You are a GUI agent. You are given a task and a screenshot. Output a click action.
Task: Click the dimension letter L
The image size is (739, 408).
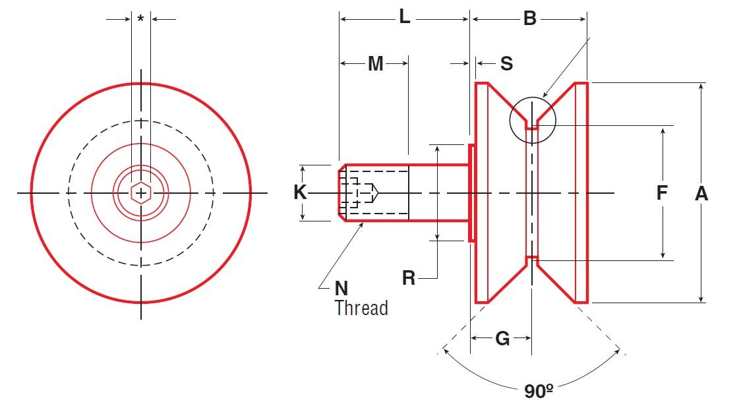pos(405,18)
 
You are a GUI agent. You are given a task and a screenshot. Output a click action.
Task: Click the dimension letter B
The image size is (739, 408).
pos(529,18)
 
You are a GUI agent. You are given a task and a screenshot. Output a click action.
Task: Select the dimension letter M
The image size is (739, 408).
pos(375,64)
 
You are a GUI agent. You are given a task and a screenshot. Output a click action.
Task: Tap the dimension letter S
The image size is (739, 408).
pos(506,64)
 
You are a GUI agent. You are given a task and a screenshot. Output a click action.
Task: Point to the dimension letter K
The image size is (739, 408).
pos(300,192)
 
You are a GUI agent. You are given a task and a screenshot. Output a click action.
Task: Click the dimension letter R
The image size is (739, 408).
pos(409,278)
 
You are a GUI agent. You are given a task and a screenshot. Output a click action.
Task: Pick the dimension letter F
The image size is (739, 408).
pos(662,192)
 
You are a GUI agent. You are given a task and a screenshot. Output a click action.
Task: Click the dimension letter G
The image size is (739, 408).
pos(502,339)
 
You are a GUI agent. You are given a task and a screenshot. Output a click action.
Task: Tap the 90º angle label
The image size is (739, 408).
pos(539,390)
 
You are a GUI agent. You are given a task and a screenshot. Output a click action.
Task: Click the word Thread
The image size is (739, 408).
pos(361,308)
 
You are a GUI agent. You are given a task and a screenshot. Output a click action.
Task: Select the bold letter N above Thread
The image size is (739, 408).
pos(341,289)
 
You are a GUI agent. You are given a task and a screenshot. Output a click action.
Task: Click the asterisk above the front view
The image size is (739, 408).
pos(140,19)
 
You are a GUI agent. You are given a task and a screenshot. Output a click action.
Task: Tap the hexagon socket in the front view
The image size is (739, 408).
pos(140,192)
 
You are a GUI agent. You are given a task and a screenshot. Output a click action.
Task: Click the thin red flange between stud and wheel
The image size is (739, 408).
pos(471,192)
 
